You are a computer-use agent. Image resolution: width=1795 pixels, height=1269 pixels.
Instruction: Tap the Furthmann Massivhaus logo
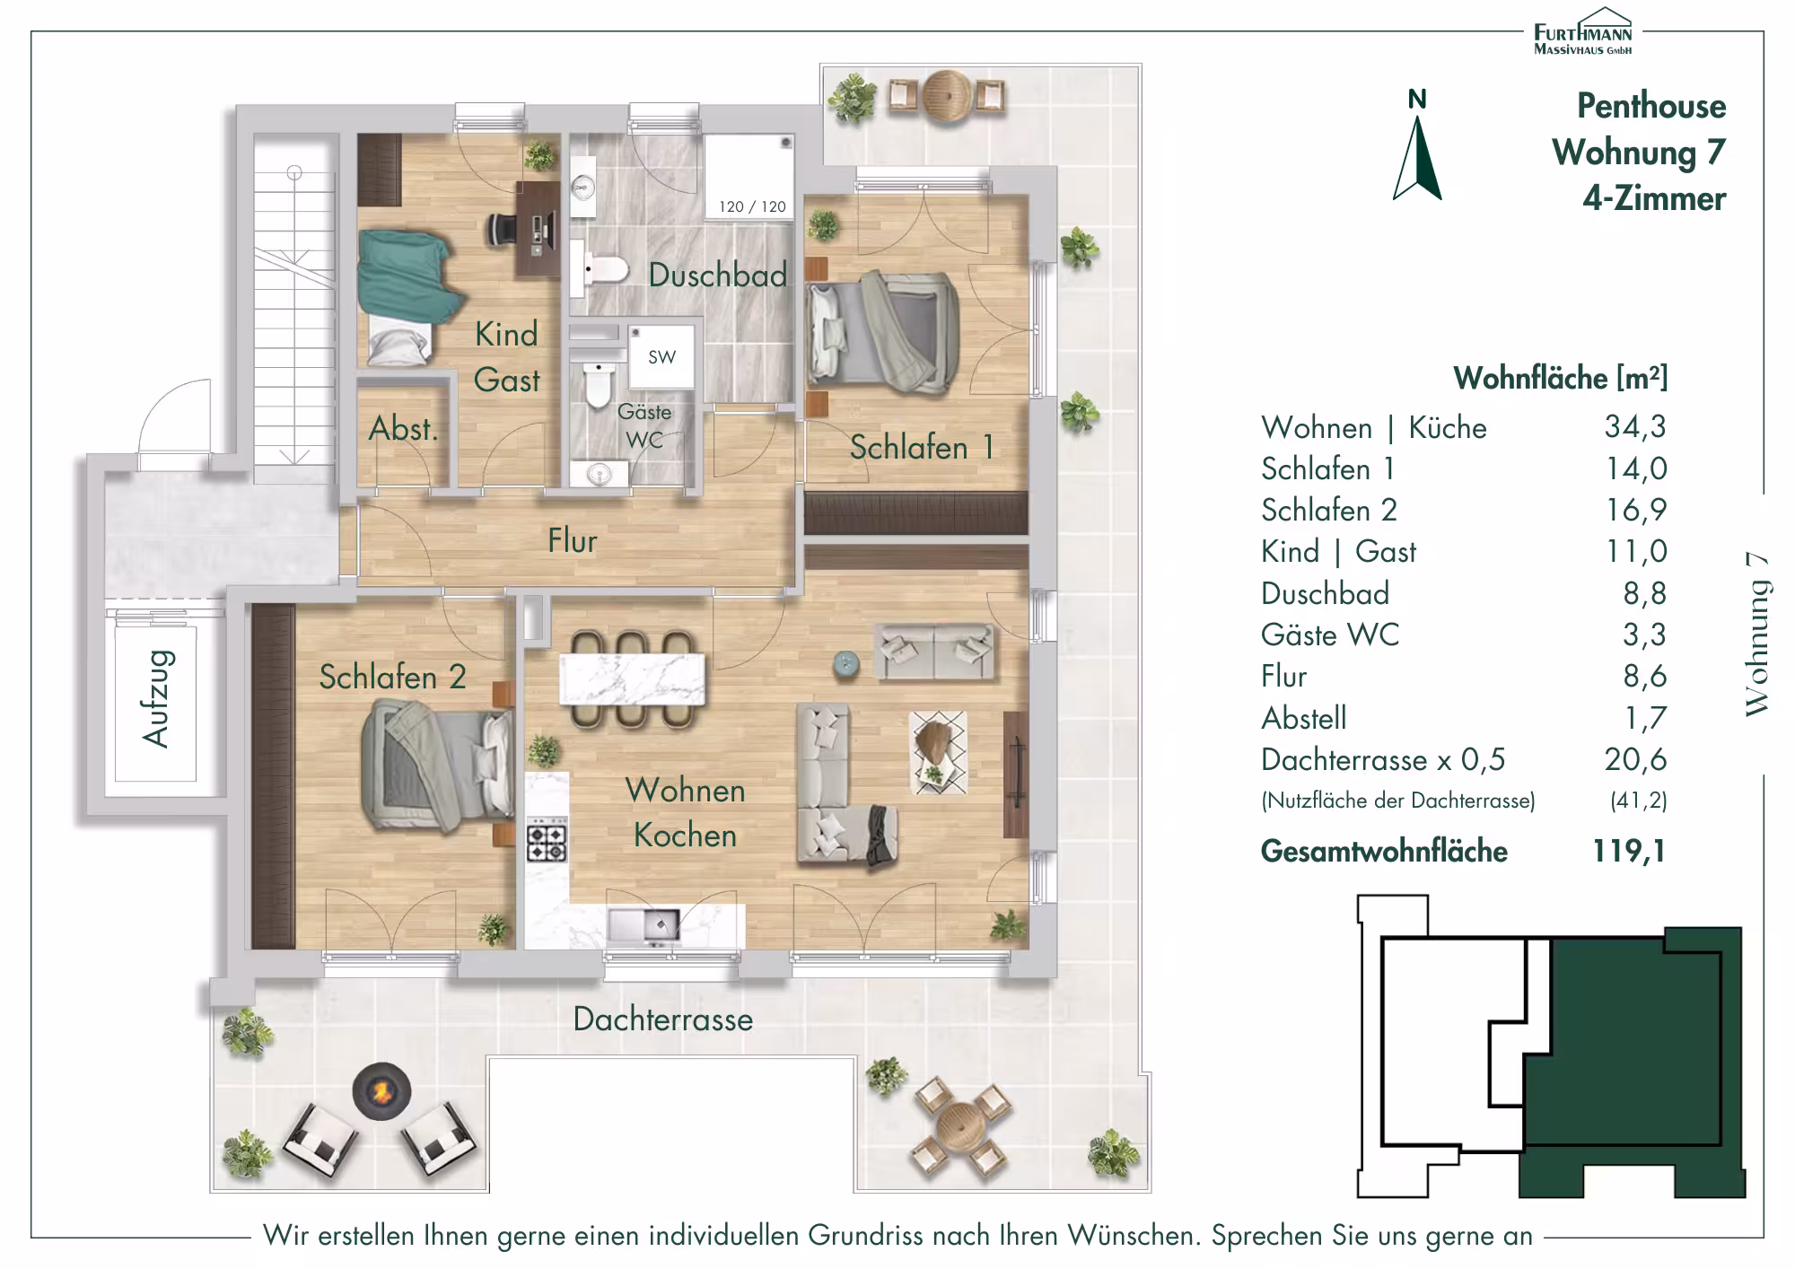pos(1582,31)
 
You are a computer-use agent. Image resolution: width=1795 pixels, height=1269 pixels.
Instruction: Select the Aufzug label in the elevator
pos(155,699)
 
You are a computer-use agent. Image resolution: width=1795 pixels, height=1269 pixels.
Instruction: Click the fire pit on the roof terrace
pos(381,1090)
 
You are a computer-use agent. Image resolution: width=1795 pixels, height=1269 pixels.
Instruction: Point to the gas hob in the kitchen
pos(547,840)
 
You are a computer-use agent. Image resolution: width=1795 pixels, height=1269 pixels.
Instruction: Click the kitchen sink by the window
pos(644,925)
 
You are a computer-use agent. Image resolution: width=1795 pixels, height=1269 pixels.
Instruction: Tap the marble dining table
pos(633,679)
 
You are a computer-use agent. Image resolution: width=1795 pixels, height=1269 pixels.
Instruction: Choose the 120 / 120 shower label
pos(752,206)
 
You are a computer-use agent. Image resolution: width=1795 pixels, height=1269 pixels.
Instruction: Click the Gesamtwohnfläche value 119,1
pos(1629,850)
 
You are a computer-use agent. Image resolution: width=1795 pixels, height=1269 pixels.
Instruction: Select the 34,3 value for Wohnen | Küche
pos(1635,426)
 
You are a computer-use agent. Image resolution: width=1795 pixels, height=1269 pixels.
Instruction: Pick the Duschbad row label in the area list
pos(1325,593)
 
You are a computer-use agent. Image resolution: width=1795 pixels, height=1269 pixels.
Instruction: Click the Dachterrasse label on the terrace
pos(663,1019)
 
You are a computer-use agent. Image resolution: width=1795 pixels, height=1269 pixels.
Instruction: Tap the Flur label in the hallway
pos(573,540)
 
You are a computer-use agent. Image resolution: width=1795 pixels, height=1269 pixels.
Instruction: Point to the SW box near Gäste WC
pos(662,356)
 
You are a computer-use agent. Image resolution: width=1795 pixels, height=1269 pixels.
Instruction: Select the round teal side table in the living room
pos(846,663)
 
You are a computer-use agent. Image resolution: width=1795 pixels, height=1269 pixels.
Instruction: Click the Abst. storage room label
pos(403,429)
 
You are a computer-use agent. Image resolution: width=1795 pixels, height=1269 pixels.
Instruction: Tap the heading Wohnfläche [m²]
pos(1560,378)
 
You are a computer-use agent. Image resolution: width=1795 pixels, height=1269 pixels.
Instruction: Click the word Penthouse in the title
pos(1651,106)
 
